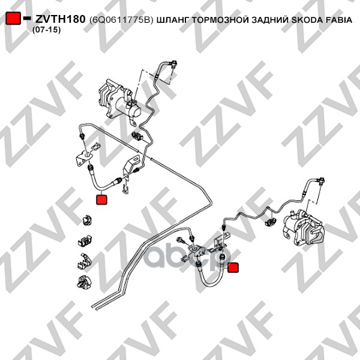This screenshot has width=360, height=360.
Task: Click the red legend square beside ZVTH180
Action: pos(13,18)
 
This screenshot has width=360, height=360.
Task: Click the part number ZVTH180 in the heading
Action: pos(60,19)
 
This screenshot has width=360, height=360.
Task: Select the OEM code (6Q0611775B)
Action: pos(121,20)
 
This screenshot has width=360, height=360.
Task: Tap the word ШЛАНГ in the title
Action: pos(173,20)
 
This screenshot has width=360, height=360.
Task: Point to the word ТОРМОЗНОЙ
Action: pos(220,20)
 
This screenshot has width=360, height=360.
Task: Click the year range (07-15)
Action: pos(46,30)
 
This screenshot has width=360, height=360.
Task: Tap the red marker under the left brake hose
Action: pos(101,199)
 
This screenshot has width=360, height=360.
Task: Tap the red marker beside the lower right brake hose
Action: pos(233,268)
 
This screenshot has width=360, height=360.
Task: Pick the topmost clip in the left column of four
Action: pos(87,220)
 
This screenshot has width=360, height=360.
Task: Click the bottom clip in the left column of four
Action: pos(84,281)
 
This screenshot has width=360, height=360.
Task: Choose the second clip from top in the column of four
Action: pos(85,240)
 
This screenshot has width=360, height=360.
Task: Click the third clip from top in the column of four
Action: pos(85,260)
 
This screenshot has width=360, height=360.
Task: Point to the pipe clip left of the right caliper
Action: pos(271,222)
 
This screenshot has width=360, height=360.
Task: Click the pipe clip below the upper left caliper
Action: pos(137,136)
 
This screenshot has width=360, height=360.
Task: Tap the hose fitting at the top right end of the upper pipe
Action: pos(174,65)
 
